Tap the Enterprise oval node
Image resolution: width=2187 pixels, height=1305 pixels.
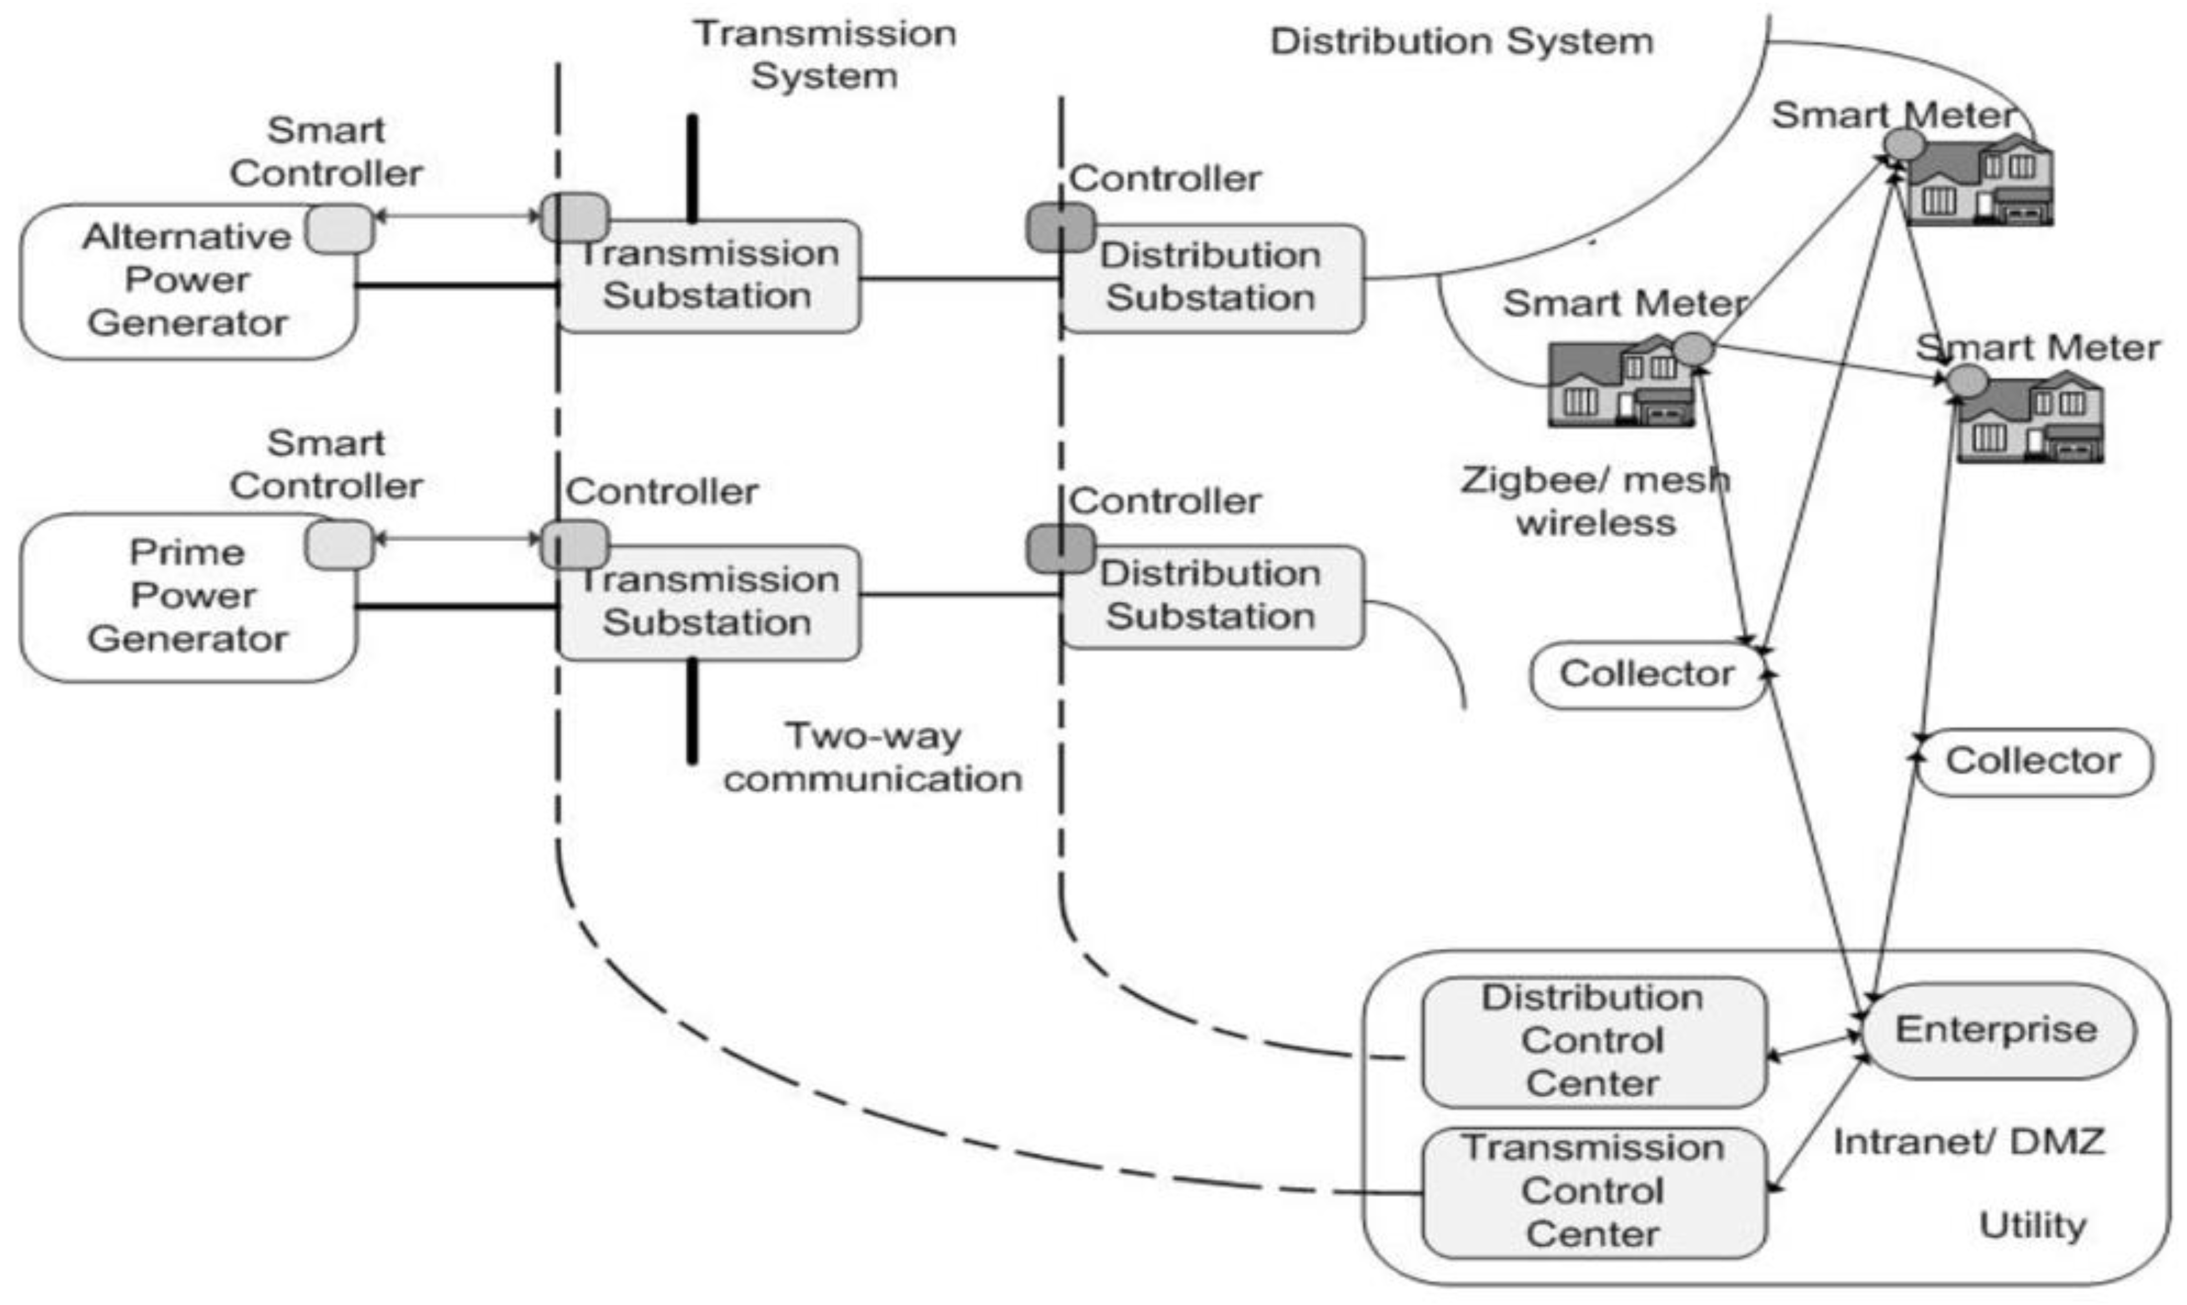1996,1031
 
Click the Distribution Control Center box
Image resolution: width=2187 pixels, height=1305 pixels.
1592,1041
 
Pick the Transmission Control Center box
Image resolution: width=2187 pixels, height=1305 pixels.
1592,1192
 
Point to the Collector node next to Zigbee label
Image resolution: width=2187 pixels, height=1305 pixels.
1647,674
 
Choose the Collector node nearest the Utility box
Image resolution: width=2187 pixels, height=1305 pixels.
2033,762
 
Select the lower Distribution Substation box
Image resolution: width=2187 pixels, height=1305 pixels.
1212,596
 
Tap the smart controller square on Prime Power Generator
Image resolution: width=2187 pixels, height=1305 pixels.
339,545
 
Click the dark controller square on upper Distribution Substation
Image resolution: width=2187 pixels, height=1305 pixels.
1060,228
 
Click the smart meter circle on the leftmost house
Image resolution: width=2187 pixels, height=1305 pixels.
1693,349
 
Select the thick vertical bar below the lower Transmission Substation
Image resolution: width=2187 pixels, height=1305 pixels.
692,711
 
